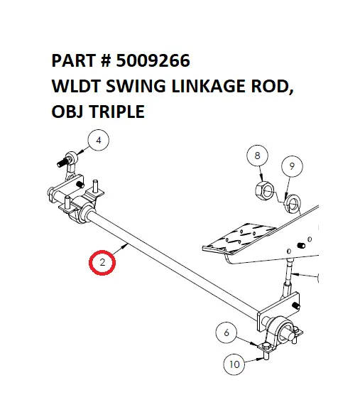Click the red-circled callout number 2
(103, 264)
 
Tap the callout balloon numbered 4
(99, 142)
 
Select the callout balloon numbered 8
(258, 156)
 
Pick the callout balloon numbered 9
(290, 168)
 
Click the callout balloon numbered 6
(227, 332)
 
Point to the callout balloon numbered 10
(234, 365)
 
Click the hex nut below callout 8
(264, 190)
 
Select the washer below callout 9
(290, 205)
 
